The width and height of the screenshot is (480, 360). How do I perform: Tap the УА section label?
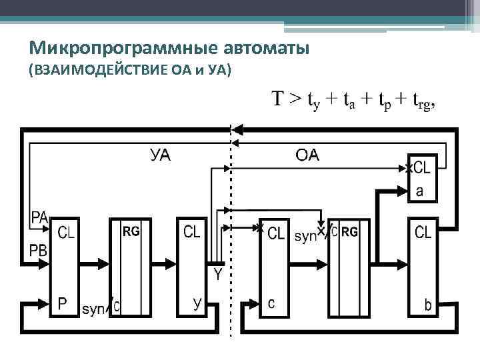(x=160, y=156)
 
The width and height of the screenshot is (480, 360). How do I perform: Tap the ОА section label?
(x=307, y=156)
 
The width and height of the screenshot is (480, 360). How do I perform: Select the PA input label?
(x=39, y=217)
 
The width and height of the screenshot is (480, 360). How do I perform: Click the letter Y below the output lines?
(x=218, y=273)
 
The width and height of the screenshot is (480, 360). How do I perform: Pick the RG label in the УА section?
(x=131, y=232)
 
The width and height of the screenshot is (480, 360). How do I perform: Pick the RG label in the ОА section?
(x=349, y=232)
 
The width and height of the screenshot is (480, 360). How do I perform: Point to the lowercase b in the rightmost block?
(x=428, y=305)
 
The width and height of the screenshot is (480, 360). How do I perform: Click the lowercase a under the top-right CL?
(x=419, y=191)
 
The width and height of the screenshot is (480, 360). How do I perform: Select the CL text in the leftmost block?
(x=67, y=233)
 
